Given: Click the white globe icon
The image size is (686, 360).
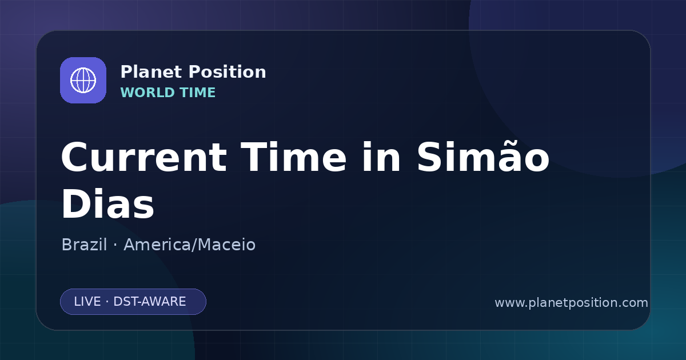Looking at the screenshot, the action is (x=83, y=80).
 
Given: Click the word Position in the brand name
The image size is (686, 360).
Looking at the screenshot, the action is (x=228, y=71).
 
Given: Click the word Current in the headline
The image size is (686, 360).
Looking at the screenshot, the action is (x=144, y=157).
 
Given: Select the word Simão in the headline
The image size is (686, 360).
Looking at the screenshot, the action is (x=483, y=157).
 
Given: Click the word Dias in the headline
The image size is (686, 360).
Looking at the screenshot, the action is (x=108, y=203).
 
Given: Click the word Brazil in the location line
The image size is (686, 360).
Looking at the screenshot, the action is (x=84, y=245).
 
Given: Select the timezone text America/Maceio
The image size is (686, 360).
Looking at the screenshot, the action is (x=190, y=245).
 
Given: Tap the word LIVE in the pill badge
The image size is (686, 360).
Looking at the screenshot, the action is (x=87, y=302).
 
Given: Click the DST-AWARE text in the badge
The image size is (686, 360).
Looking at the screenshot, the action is (x=149, y=302).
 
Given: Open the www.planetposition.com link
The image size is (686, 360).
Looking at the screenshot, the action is (x=571, y=303).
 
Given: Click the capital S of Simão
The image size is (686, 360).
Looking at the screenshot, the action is (x=429, y=157).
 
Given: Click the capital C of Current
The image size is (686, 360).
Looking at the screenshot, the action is (x=75, y=157).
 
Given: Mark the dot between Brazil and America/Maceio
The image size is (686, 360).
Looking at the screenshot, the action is (x=115, y=245).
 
